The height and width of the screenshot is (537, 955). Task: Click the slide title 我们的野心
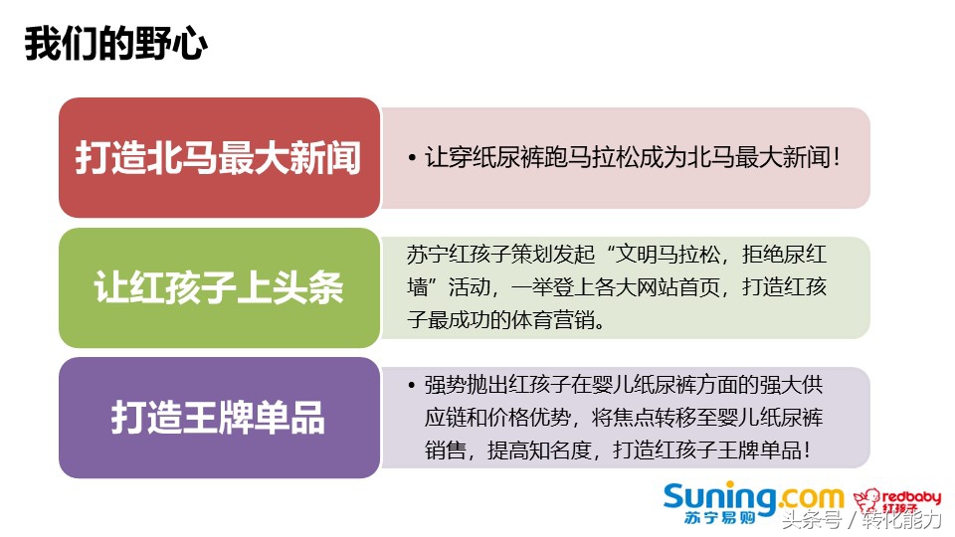click(116, 46)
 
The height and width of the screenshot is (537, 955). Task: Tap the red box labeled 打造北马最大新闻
click(219, 158)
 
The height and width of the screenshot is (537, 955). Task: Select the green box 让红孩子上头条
click(219, 288)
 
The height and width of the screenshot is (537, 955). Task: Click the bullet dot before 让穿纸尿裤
click(412, 159)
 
